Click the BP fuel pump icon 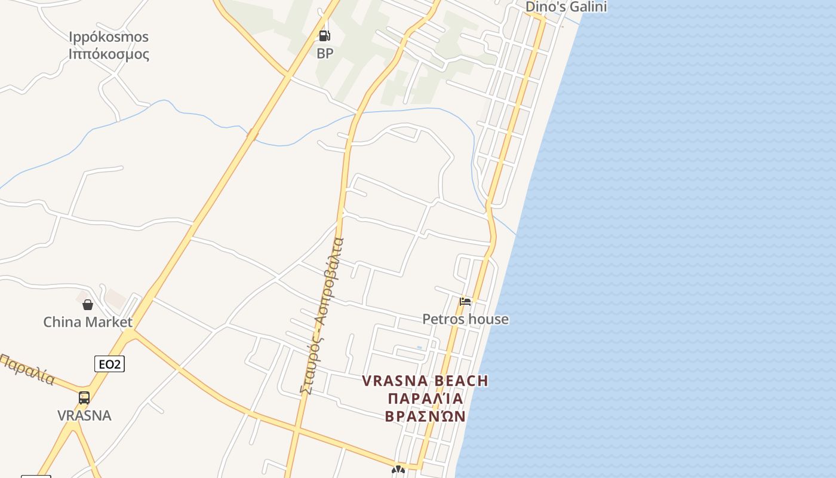pos(324,36)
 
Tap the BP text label pos(325,53)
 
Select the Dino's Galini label pos(565,7)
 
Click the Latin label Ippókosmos pos(109,37)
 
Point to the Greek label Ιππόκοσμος pos(109,54)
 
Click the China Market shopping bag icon pos(88,305)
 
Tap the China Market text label pos(88,322)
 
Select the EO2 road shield pos(109,363)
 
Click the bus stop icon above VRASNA pos(84,398)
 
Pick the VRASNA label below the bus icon pos(84,415)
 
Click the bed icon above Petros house pos(465,301)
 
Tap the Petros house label pos(465,319)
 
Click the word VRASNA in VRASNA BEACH pos(395,381)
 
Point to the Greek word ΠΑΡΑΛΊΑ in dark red pos(425,399)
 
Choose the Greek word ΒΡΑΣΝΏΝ pos(425,416)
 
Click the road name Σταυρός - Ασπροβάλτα pos(322,317)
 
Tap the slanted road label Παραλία pos(27,370)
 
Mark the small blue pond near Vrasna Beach pos(419,347)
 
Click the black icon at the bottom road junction pos(398,470)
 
